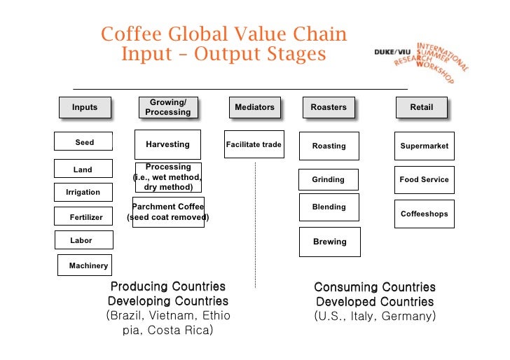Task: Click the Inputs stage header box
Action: [x=85, y=107]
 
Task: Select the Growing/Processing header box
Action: [x=167, y=107]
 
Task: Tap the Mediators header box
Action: [x=254, y=107]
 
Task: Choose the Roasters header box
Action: [x=329, y=107]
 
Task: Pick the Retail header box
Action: [x=421, y=107]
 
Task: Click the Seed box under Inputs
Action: [x=84, y=142]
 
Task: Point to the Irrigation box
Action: [x=83, y=192]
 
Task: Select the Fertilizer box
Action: [x=85, y=217]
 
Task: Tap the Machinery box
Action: [x=88, y=265]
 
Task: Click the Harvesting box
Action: [x=167, y=144]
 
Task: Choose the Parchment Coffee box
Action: [x=168, y=212]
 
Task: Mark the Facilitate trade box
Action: [x=254, y=145]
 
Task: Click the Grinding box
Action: [x=329, y=180]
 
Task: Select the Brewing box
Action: [x=329, y=242]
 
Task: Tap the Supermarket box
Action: [x=424, y=146]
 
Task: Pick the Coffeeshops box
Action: [x=424, y=214]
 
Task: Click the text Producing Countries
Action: [x=168, y=286]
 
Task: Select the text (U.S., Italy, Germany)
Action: [x=375, y=316]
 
